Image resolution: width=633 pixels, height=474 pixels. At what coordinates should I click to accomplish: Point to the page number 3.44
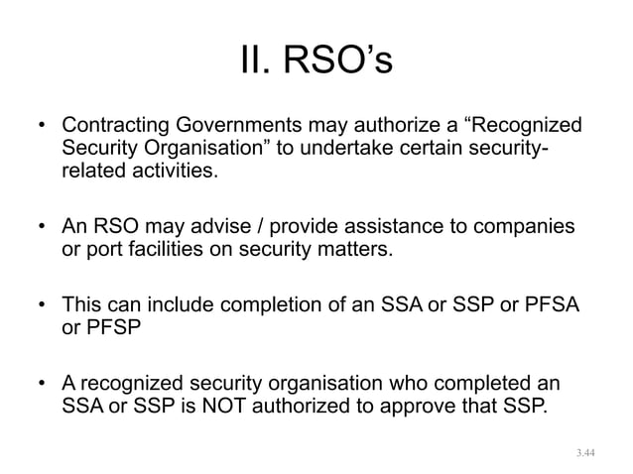click(x=586, y=452)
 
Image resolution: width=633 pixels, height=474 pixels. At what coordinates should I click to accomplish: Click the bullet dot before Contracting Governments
click(x=43, y=129)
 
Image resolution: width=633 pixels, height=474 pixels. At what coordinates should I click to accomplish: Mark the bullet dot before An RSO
click(x=43, y=226)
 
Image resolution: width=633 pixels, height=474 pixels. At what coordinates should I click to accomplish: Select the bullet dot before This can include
click(x=43, y=301)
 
